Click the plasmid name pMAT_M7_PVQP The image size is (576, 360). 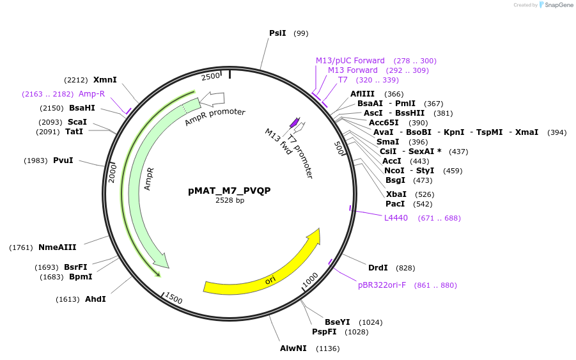(x=230, y=191)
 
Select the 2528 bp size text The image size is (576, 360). (x=230, y=200)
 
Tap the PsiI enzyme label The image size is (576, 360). (x=277, y=33)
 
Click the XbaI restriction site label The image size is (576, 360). (x=396, y=194)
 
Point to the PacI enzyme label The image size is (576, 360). (x=395, y=204)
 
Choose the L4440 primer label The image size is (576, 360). (x=396, y=218)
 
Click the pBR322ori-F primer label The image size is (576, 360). (x=382, y=285)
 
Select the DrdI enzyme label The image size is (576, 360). (x=378, y=268)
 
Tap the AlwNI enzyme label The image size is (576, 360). (x=293, y=348)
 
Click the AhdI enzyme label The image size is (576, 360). (x=95, y=299)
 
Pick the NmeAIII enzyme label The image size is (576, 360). (x=58, y=247)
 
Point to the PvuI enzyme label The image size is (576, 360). (x=63, y=160)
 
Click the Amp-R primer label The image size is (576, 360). (x=91, y=93)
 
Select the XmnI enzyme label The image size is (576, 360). (x=105, y=80)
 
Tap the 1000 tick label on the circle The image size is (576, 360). (x=310, y=280)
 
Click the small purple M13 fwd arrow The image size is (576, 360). (x=295, y=122)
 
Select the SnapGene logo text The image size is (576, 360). (x=558, y=4)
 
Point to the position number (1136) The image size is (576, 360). (x=328, y=348)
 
